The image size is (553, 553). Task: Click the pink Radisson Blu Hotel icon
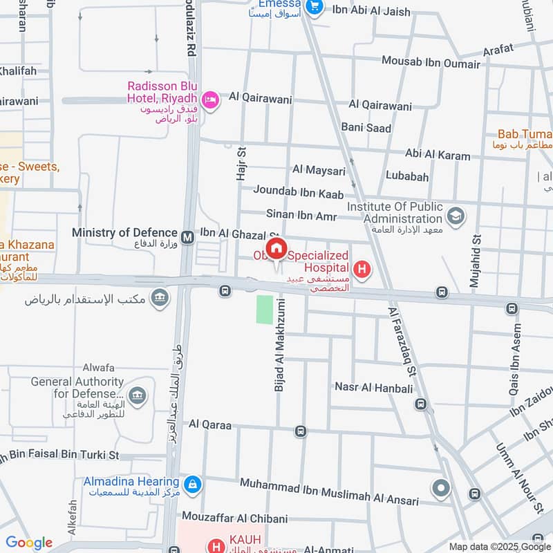click(210, 100)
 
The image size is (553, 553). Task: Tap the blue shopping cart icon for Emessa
click(315, 7)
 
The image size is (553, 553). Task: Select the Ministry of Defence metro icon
click(187, 238)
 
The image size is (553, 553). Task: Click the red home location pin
click(276, 249)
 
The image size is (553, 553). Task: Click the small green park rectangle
click(265, 309)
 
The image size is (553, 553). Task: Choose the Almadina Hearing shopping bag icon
click(194, 485)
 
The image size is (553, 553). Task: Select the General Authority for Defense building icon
click(138, 395)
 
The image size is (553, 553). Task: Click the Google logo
click(29, 543)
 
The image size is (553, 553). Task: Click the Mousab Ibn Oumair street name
click(431, 64)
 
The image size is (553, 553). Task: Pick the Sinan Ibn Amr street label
click(301, 216)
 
